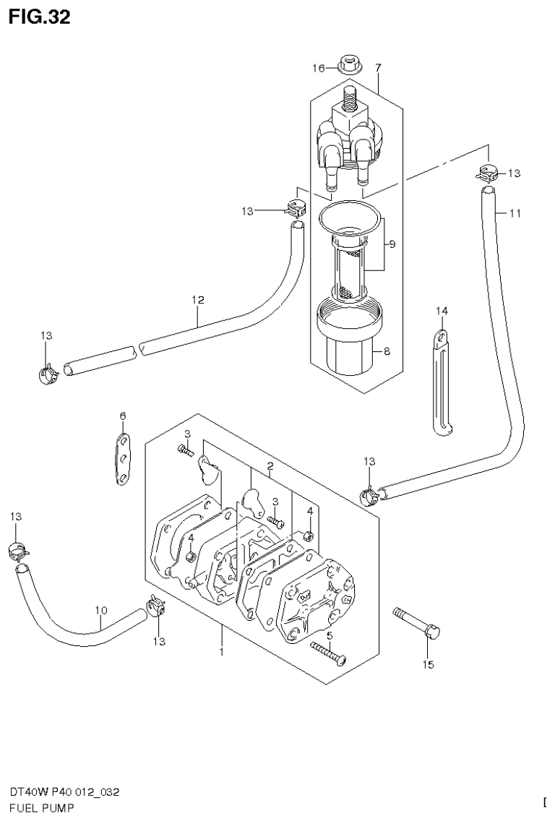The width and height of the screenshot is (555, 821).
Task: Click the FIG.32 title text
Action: click(x=40, y=17)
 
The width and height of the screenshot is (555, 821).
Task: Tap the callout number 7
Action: click(x=377, y=67)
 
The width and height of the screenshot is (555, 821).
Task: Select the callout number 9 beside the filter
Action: click(x=392, y=244)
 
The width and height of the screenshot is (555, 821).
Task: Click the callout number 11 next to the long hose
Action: click(x=515, y=213)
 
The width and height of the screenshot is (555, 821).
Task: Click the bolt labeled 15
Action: click(x=418, y=622)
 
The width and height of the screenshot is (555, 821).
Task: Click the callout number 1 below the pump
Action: click(x=221, y=652)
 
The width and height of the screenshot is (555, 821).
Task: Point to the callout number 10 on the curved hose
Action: click(x=100, y=609)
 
